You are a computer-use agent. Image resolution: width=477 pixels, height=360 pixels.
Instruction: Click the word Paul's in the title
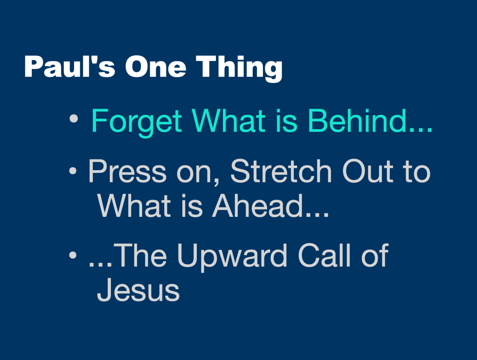[x=69, y=67]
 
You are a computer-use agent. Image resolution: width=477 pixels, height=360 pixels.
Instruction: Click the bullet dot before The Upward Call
[x=72, y=256]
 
